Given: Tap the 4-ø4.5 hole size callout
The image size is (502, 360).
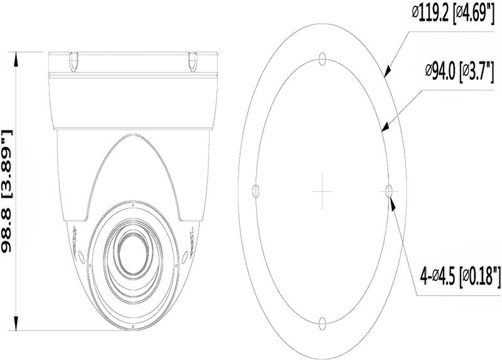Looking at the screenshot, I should (459, 274).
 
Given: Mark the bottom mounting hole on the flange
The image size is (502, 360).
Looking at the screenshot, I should (321, 323).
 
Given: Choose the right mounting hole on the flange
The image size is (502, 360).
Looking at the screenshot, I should (388, 191).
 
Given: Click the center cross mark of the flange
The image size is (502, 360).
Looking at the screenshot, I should (321, 191).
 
